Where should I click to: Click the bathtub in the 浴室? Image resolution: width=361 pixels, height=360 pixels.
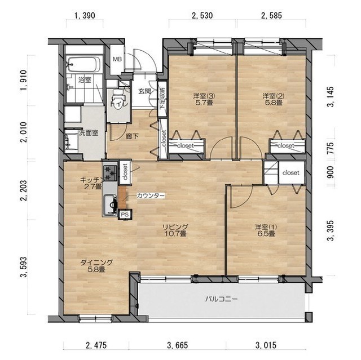tap(83, 64)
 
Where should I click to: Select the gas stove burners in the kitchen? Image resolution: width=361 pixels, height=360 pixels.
tap(111, 173)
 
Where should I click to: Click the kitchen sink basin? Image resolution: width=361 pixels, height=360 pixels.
tap(110, 205)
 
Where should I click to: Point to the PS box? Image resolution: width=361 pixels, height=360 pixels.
tap(125, 214)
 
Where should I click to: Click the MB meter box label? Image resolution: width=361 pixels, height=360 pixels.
tap(117, 59)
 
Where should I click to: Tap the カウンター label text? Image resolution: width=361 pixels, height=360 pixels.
tap(151, 196)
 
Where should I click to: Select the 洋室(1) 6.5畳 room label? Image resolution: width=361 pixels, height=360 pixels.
tap(266, 230)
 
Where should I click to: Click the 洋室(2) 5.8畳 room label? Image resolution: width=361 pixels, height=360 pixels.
tap(273, 99)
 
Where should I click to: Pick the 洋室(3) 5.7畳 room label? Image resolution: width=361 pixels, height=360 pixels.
tap(204, 99)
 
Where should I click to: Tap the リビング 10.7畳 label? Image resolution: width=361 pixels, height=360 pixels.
tap(175, 230)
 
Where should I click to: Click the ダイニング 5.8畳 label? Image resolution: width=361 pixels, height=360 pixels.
tap(96, 266)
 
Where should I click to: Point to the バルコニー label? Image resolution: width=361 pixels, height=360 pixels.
tap(221, 299)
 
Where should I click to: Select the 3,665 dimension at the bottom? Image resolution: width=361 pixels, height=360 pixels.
tap(178, 345)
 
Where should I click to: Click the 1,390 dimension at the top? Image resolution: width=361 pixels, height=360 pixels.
tap(85, 16)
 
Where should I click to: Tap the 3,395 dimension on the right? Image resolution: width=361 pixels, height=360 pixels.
tap(330, 230)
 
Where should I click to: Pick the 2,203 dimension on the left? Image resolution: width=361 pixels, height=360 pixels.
tap(24, 190)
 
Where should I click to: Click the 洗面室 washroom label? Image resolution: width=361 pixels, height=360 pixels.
tap(89, 133)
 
